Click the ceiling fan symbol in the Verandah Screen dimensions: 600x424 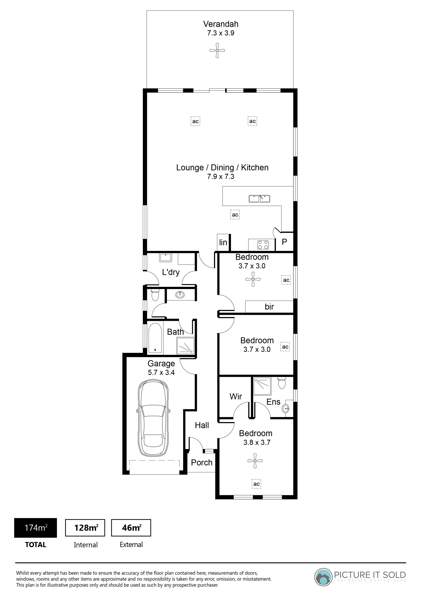217,50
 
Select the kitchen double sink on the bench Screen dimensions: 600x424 259,199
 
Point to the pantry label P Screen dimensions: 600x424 284,242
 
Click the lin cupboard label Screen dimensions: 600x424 223,243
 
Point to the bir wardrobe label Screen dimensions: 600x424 269,307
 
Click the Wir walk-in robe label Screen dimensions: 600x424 236,397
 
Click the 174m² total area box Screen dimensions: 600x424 36,528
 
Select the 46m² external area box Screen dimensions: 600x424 131,528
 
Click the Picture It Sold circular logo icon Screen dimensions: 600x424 323,577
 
